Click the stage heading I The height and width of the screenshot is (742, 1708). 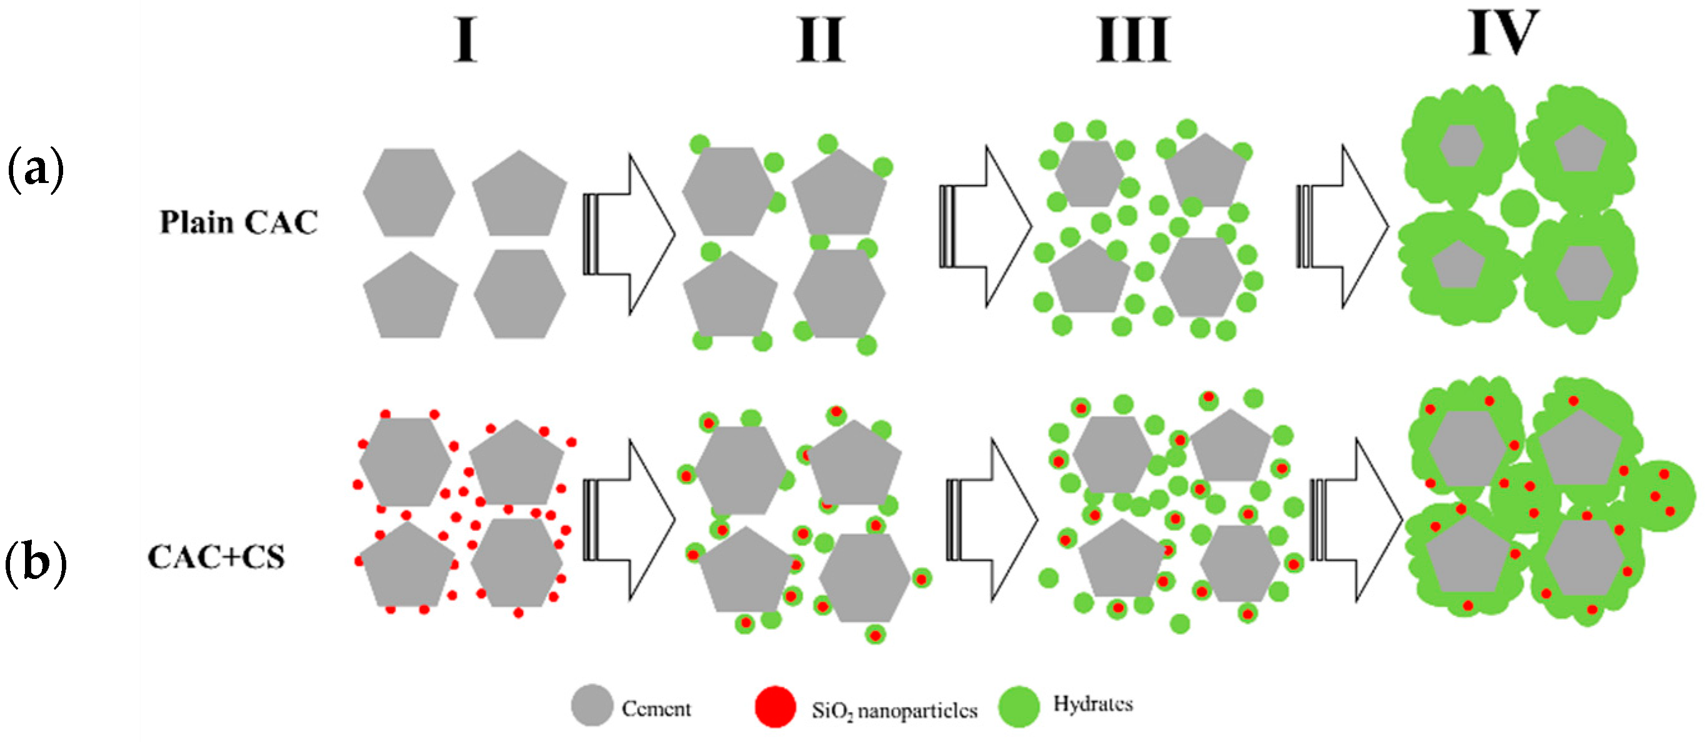pos(466,40)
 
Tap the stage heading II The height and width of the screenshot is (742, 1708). pos(821,40)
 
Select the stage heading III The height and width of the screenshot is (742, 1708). pos(1133,40)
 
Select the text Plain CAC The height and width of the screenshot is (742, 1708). pos(239,222)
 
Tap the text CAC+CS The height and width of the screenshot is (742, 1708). pos(216,556)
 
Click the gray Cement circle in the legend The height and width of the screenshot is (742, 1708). pos(591,705)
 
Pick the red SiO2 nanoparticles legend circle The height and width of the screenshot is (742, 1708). pos(775,706)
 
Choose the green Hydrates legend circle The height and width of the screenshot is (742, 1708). pos(1019,706)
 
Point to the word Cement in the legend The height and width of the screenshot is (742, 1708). pos(656,709)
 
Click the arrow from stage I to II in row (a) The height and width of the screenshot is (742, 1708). pos(629,234)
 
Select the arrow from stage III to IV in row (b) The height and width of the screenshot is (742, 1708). pos(1357,520)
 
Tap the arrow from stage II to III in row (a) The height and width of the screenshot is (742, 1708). pos(986,227)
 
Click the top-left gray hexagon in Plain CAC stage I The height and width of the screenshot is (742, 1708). pos(409,192)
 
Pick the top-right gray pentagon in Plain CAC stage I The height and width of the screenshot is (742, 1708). pos(520,195)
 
